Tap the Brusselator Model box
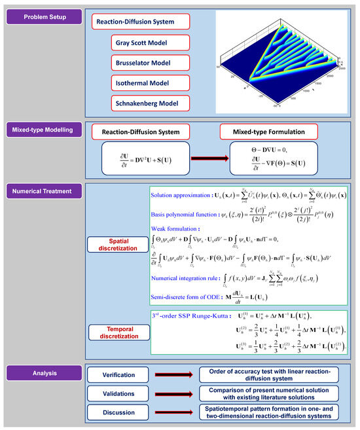[150, 63]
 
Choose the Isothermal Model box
[150, 82]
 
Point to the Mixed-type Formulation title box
[268, 132]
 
